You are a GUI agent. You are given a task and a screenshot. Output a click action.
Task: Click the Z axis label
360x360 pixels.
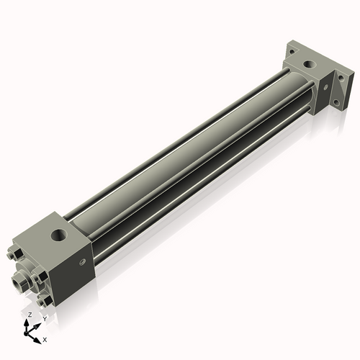point(29,315)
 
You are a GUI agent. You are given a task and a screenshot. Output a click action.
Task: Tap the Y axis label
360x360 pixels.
point(45,318)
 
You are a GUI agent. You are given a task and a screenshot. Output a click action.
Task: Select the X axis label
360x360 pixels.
point(45,338)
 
